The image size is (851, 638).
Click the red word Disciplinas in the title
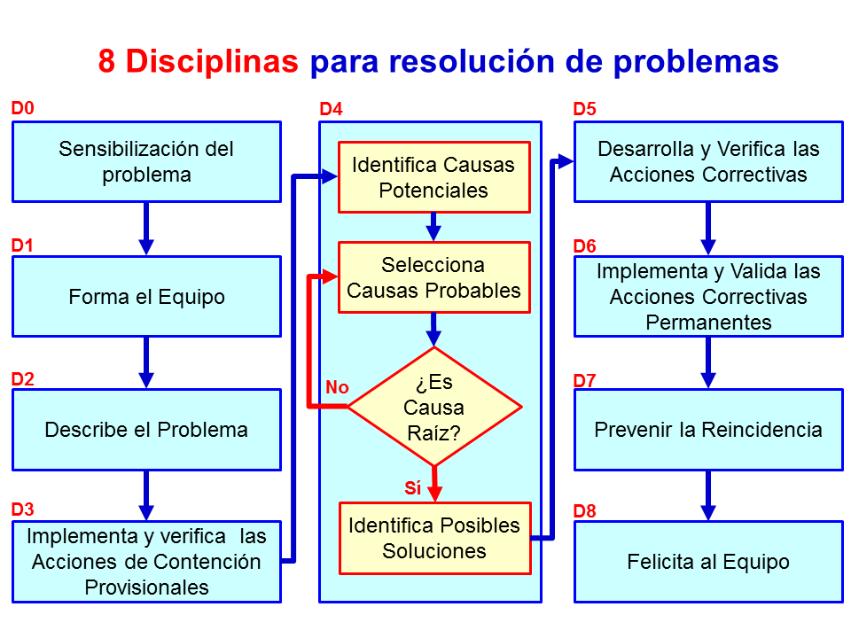211,61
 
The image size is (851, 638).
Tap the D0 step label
22,109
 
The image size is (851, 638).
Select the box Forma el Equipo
146,297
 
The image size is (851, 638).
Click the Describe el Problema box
146,430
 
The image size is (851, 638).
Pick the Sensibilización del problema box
146,161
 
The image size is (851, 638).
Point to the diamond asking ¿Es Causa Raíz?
433,408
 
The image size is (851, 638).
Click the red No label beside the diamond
337,387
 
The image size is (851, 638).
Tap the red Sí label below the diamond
412,487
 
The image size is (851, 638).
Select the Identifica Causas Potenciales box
433,177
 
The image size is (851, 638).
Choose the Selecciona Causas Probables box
433,277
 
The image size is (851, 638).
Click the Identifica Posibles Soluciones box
433,538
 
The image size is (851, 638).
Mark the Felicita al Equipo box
708,562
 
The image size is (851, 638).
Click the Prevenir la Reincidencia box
708,430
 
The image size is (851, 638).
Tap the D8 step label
585,511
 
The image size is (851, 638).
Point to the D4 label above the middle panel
331,109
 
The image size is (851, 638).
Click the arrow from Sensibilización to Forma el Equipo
146,229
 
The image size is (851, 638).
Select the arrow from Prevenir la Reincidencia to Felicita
708,495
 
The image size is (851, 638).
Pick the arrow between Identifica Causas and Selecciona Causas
433,227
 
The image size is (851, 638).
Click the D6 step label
585,245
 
